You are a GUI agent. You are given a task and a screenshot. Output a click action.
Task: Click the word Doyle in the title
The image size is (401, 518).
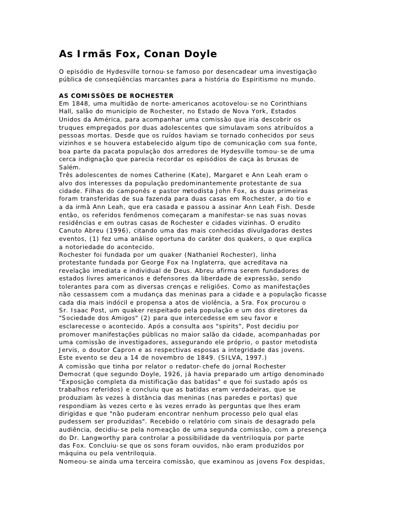[197, 54]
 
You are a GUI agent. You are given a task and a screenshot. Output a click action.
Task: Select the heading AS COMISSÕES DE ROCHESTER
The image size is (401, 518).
[116, 96]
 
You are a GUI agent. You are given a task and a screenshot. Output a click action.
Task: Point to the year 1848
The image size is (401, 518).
[81, 103]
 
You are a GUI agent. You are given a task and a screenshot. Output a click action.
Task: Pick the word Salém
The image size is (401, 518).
[69, 167]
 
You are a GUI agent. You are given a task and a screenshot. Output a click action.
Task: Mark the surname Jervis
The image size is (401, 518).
[69, 350]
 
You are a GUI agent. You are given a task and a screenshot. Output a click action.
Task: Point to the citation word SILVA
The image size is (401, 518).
[218, 358]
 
